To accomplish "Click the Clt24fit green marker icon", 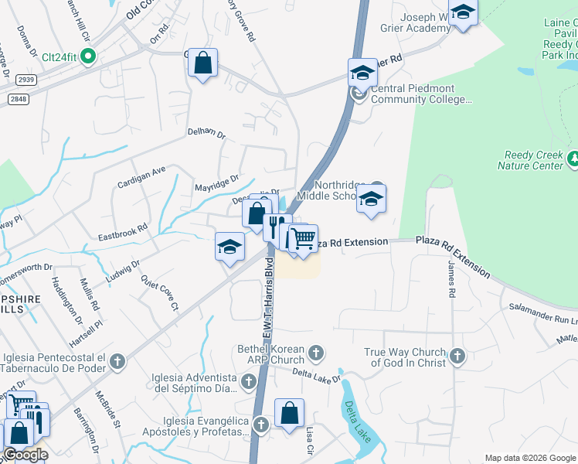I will (x=89, y=56).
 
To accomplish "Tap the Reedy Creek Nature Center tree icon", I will (x=573, y=159).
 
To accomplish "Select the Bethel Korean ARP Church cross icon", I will (x=315, y=354).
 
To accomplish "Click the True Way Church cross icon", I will (x=457, y=357).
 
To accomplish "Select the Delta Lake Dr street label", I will (x=317, y=374).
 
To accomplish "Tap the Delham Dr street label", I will (x=206, y=134).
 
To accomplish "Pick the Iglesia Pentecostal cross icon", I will (x=117, y=360).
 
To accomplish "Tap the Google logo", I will (x=25, y=455).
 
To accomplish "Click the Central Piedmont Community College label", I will (x=421, y=94).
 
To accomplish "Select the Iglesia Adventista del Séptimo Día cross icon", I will (x=249, y=381).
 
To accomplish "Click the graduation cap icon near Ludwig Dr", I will (x=229, y=247).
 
